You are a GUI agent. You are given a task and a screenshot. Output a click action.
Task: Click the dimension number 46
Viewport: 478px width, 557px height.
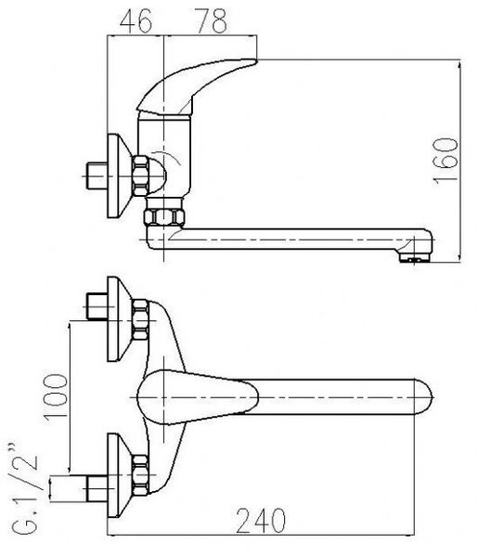[136, 21]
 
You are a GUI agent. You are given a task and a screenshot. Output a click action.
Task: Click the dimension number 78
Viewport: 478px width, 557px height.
[212, 21]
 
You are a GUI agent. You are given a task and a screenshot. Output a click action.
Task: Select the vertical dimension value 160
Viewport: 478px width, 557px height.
[446, 161]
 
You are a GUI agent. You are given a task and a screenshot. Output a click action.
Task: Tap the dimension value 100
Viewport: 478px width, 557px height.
[56, 396]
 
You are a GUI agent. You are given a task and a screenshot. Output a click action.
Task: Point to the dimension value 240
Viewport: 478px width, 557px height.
[261, 521]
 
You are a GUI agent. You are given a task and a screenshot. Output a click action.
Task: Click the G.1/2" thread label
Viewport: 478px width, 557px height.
[24, 488]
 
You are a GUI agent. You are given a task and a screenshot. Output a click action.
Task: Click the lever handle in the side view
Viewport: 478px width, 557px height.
[196, 86]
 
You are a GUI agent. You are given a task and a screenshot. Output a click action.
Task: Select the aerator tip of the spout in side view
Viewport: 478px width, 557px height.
[415, 258]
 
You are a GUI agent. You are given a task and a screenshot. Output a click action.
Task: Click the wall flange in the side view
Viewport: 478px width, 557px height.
[120, 175]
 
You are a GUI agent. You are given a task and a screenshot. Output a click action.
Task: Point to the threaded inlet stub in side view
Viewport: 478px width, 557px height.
[97, 175]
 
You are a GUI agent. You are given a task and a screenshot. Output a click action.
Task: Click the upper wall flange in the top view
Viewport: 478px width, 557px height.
[120, 319]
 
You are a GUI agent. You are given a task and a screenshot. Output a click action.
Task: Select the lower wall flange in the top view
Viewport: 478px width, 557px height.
[120, 475]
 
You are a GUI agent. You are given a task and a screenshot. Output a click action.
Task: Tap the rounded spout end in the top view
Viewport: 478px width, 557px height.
[423, 396]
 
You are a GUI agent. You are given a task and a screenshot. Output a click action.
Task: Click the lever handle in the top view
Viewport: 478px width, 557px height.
[198, 397]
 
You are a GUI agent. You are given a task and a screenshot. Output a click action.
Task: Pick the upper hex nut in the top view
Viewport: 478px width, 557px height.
[140, 319]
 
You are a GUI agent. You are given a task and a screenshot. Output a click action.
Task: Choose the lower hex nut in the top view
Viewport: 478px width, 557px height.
[140, 475]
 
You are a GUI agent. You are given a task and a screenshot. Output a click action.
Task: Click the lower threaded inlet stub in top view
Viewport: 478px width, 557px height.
[97, 489]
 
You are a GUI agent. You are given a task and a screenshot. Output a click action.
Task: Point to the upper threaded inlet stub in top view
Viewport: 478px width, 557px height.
[97, 306]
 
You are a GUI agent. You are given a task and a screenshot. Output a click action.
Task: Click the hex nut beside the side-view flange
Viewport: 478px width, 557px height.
[141, 175]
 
